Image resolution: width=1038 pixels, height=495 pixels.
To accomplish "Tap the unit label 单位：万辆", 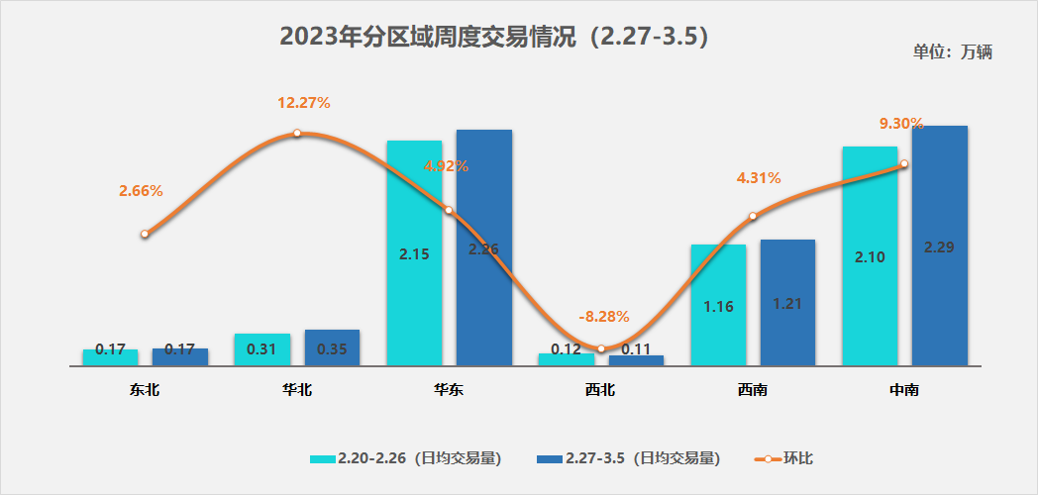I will coord(952,52).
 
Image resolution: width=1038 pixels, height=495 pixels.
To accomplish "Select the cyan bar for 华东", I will coord(414,252).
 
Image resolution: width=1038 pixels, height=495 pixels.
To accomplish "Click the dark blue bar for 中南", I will coord(939,246).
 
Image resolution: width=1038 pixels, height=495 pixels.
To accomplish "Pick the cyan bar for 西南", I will coord(718,305).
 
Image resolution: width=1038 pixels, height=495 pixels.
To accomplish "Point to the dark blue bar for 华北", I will coord(332,347).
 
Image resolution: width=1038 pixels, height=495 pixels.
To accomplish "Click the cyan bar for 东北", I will coord(110,357).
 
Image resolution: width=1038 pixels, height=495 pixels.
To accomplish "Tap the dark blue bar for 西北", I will coord(636,360).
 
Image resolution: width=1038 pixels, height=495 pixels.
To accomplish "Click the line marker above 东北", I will coord(145,234).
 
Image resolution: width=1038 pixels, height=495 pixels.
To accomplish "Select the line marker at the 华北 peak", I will coord(297,133).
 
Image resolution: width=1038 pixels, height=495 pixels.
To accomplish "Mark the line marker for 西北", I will coord(601,348).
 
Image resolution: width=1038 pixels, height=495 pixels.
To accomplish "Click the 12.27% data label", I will coord(304,102).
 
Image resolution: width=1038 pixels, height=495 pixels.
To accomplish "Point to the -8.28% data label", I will coord(603,317).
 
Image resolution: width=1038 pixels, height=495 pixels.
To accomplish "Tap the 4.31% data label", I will coord(759,178).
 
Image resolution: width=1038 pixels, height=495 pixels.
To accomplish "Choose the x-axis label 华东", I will coord(449,390).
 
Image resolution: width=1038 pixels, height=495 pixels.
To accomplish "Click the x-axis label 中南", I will coord(904,390).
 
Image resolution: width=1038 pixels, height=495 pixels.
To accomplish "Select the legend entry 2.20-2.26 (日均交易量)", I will coord(406,457).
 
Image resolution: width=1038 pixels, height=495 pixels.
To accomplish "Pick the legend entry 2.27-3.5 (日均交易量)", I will coord(629,457).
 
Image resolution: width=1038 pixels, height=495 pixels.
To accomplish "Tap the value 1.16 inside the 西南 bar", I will coord(718,306).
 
